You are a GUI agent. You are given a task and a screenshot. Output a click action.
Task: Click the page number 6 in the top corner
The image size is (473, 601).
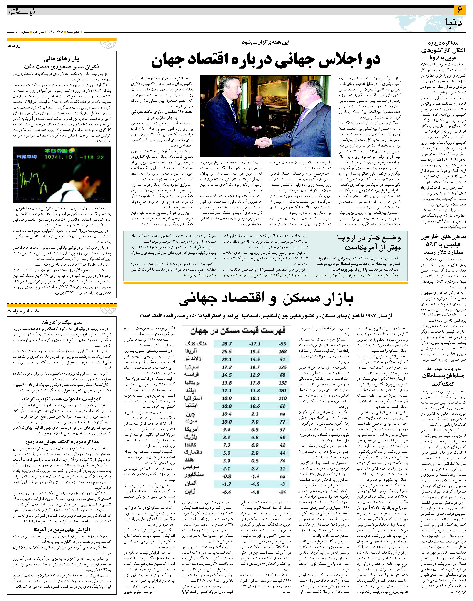460,10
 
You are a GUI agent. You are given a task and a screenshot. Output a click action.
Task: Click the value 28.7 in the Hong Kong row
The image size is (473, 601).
227,344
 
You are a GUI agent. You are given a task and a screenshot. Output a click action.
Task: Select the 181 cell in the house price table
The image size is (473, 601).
282,391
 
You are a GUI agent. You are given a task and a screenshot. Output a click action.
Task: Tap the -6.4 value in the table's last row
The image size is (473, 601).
227,492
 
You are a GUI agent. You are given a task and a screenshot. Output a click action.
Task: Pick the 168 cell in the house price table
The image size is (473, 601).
282,352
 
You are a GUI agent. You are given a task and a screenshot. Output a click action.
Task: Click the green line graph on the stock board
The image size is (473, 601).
30,177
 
